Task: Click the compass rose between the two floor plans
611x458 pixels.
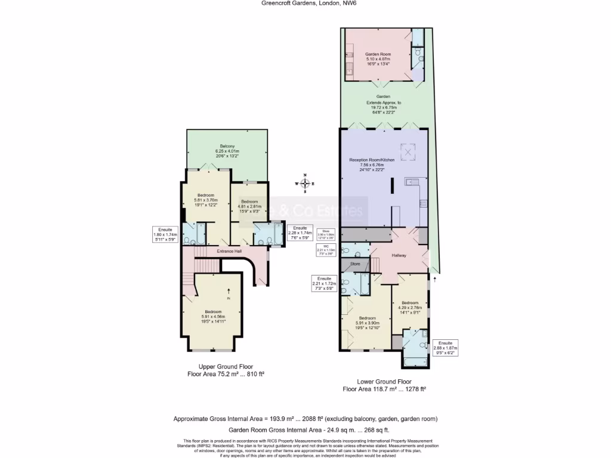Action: point(305,183)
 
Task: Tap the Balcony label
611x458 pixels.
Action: point(227,147)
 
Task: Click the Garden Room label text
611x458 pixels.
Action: point(378,54)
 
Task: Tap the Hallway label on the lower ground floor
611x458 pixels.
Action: point(399,255)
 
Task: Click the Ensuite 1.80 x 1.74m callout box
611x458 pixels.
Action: point(165,235)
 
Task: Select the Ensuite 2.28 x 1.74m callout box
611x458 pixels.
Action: point(300,233)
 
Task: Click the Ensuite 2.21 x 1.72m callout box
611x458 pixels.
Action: point(325,284)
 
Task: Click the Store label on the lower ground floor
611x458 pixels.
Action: point(355,263)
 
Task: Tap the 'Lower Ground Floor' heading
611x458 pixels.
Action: point(384,382)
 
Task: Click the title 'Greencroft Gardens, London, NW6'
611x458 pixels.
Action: point(305,3)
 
